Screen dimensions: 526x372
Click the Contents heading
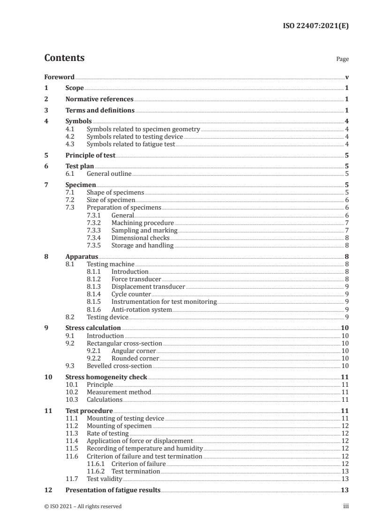click(x=64, y=58)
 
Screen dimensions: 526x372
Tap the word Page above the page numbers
click(x=342, y=60)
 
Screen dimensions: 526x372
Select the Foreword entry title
click(x=59, y=77)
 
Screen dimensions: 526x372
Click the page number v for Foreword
click(x=347, y=77)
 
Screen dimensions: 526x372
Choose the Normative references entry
click(x=99, y=99)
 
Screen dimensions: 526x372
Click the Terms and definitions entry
click(x=100, y=111)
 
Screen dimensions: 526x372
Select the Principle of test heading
click(x=90, y=155)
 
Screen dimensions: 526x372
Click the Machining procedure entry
click(x=142, y=223)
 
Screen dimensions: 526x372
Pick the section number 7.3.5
click(x=95, y=245)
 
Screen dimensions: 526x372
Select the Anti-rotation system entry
click(x=141, y=309)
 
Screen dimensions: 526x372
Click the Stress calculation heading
click(x=93, y=328)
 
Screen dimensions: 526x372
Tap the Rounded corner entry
click(x=135, y=358)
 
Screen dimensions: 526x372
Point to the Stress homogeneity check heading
click(x=106, y=377)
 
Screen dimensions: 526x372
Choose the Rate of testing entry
click(x=107, y=434)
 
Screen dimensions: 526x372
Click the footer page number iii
click(x=346, y=506)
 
